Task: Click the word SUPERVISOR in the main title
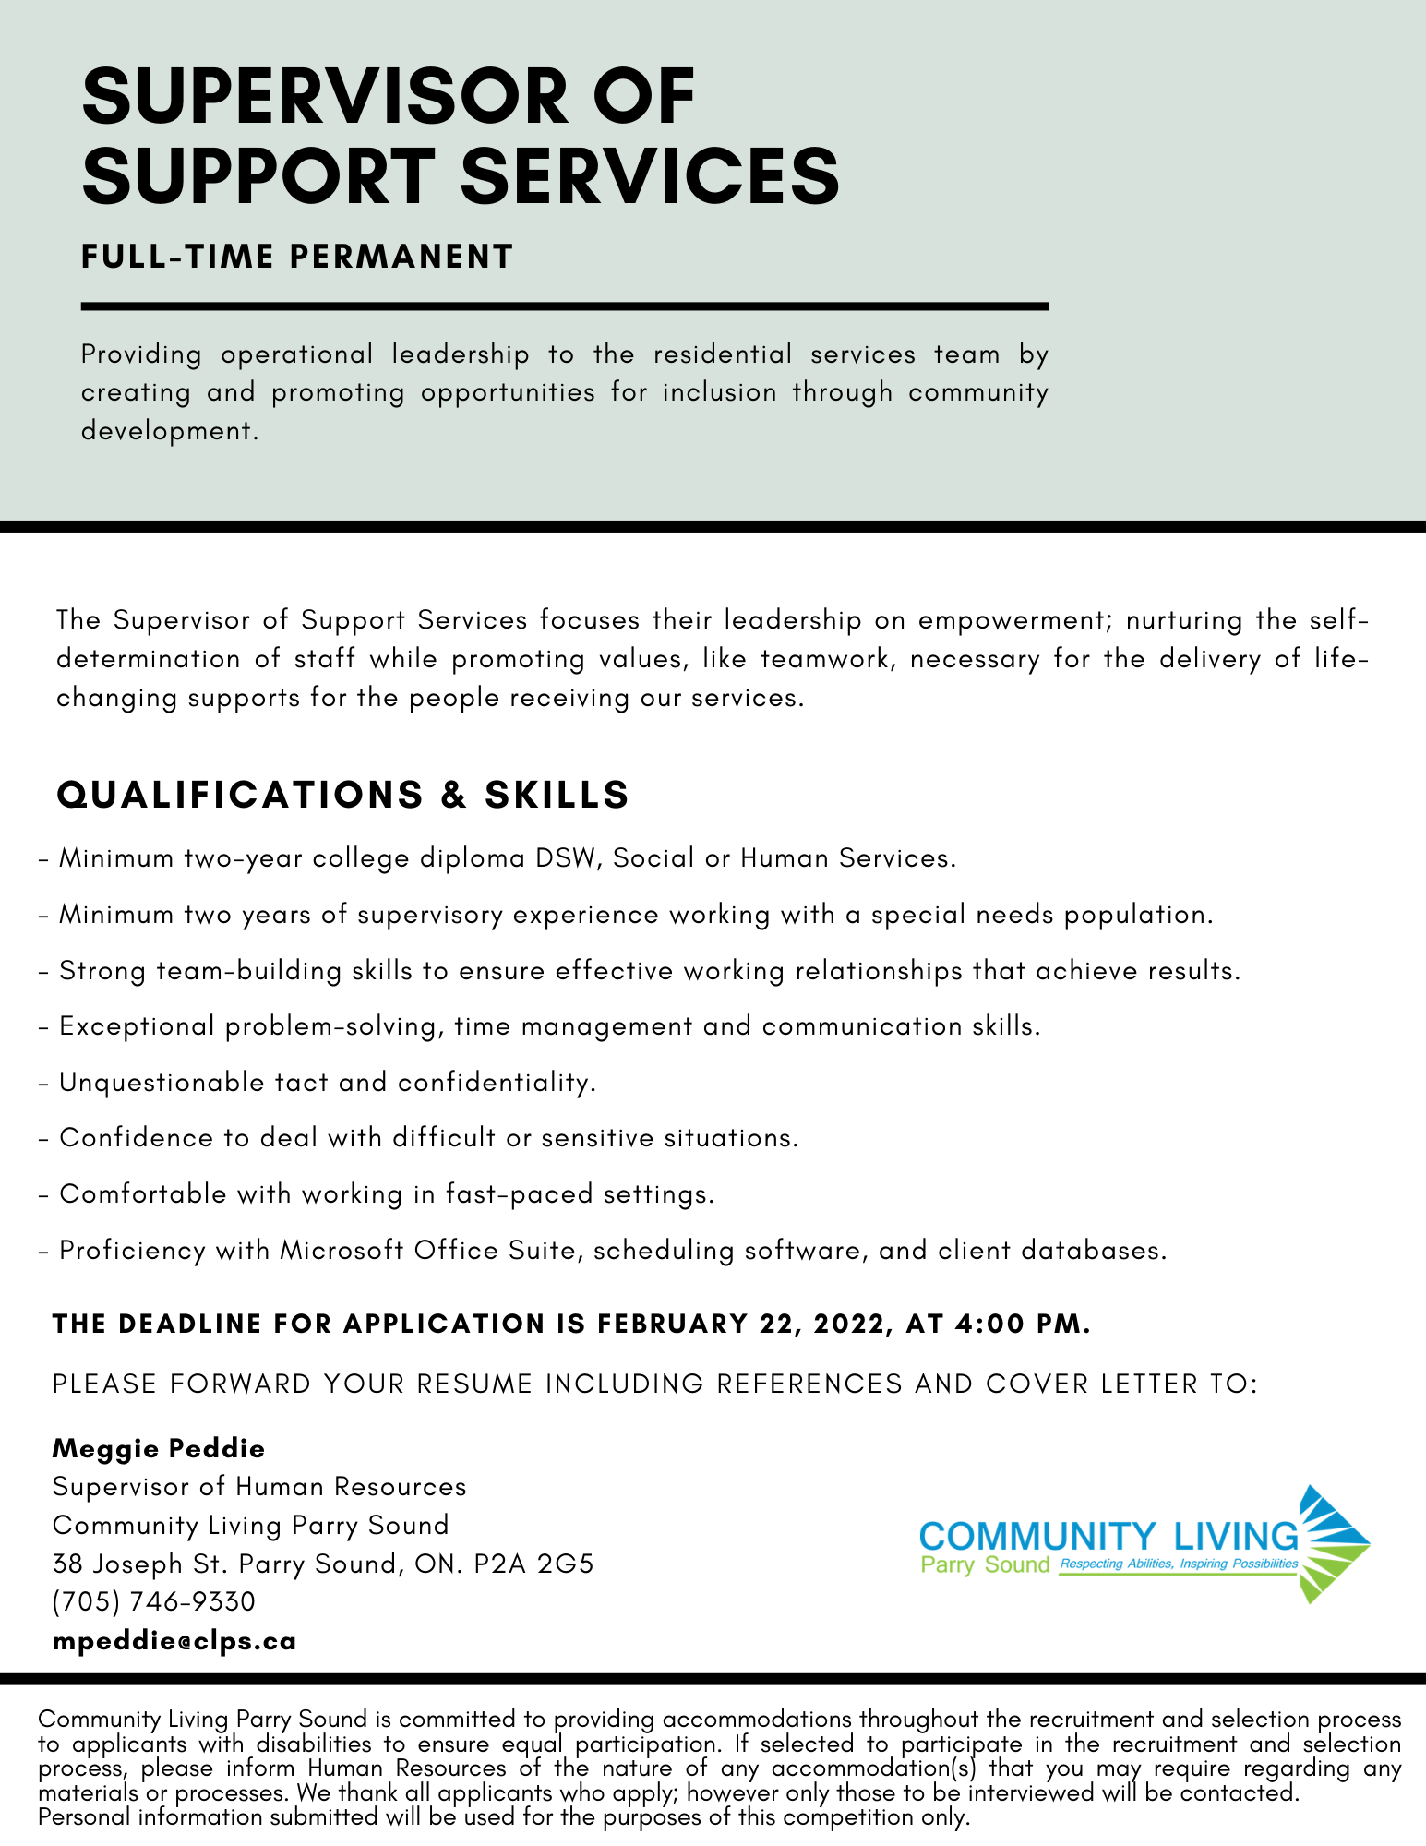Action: (x=327, y=97)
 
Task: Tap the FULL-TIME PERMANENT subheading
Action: (x=297, y=257)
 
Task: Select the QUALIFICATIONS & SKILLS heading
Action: (x=342, y=795)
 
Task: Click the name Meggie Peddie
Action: (x=159, y=1448)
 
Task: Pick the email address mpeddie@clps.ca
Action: (x=174, y=1640)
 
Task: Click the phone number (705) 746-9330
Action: (x=154, y=1601)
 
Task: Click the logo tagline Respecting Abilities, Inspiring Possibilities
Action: (x=1179, y=1564)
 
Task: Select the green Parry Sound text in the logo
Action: (x=985, y=1564)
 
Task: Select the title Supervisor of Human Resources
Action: (x=259, y=1487)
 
